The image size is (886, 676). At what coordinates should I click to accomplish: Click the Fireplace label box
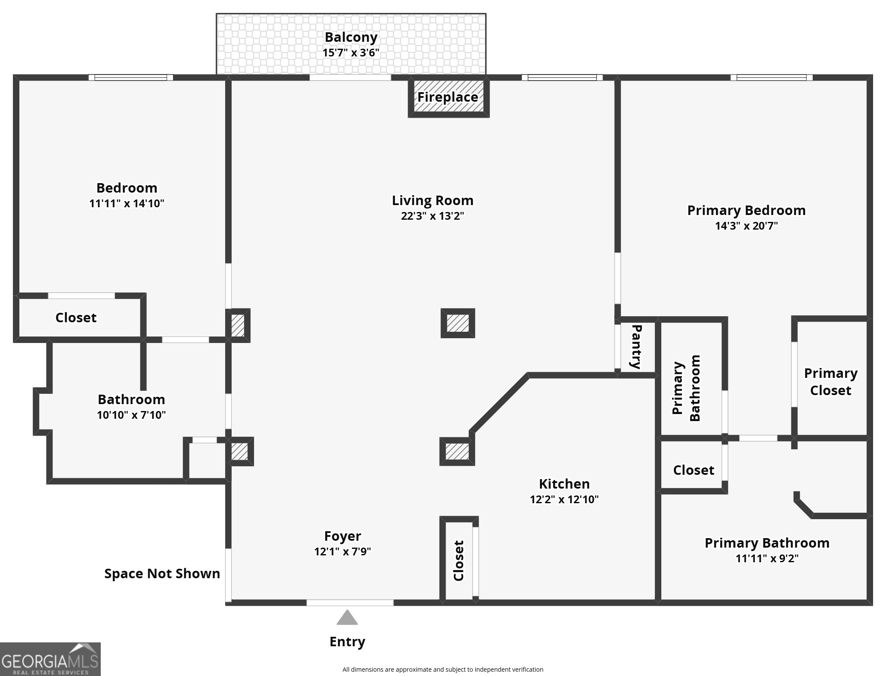[x=448, y=97]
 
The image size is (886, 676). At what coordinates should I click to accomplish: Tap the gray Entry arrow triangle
[x=347, y=618]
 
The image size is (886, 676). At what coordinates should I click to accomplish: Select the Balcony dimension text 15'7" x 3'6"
[x=351, y=53]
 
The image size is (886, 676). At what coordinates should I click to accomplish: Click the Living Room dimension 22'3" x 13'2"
[x=432, y=216]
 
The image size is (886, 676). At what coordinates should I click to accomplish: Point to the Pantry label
[x=636, y=347]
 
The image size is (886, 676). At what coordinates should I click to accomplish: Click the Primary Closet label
[x=830, y=382]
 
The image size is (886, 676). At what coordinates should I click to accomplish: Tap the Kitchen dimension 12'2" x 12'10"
[x=564, y=499]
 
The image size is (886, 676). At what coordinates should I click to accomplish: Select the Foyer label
[x=343, y=536]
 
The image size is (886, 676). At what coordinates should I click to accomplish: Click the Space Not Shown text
[x=162, y=573]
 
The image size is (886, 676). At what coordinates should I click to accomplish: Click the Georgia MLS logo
[x=50, y=659]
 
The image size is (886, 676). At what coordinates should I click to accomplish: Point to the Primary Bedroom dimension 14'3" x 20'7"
[x=746, y=226]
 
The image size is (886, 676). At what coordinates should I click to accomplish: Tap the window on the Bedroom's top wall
[x=131, y=78]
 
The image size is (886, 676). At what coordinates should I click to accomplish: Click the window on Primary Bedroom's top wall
[x=771, y=78]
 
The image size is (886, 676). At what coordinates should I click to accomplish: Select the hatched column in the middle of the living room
[x=458, y=323]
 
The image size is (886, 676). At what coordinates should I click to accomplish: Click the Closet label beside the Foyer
[x=459, y=561]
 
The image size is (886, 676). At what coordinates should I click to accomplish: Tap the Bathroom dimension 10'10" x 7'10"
[x=131, y=415]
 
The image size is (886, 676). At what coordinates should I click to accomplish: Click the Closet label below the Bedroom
[x=76, y=318]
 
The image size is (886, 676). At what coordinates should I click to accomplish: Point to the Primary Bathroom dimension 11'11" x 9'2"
[x=767, y=558]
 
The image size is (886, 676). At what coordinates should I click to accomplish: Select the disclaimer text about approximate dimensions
[x=443, y=669]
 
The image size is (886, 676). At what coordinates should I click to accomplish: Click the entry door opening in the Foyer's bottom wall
[x=350, y=602]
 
